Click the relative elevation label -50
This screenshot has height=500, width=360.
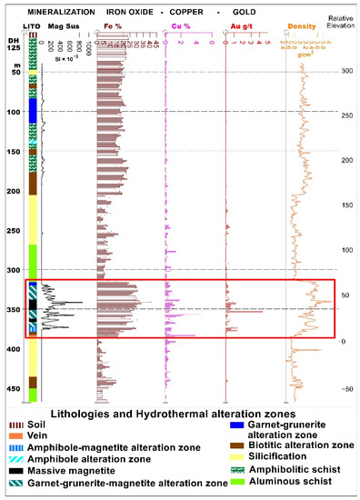click(x=345, y=388)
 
